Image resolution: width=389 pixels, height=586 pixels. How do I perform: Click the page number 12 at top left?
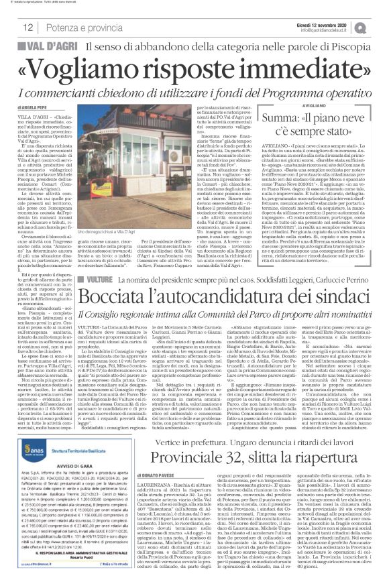pyautogui.click(x=28, y=27)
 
